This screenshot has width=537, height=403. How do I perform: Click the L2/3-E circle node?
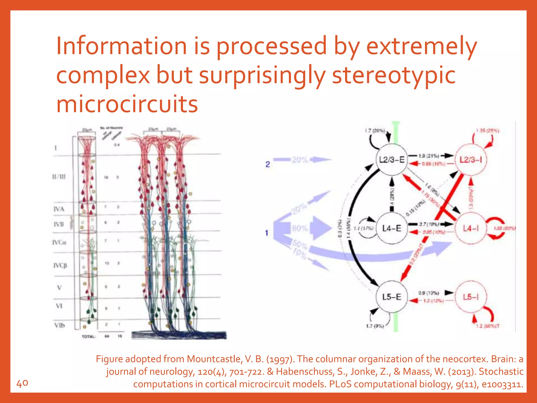tap(392, 160)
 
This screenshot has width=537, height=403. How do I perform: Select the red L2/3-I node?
tap(471, 160)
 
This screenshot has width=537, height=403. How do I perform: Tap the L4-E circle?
tap(392, 228)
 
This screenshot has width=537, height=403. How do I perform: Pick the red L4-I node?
tap(471, 229)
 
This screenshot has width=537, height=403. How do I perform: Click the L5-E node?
tap(392, 297)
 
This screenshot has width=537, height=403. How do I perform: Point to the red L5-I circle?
tap(471, 297)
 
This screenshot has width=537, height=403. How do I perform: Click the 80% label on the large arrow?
tap(300, 228)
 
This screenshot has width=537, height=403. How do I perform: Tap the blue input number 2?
tap(267, 165)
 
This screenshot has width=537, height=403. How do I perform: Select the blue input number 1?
tap(267, 233)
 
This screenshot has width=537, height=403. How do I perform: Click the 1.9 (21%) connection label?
tap(429, 156)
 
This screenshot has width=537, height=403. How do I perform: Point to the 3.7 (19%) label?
tap(429, 224)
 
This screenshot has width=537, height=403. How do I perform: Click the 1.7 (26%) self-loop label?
tap(375, 130)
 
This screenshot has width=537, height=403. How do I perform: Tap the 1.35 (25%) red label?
tap(488, 131)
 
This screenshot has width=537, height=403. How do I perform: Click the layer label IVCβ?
tap(60, 266)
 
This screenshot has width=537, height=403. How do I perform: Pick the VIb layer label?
tap(60, 325)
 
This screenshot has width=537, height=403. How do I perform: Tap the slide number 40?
tap(22, 383)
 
